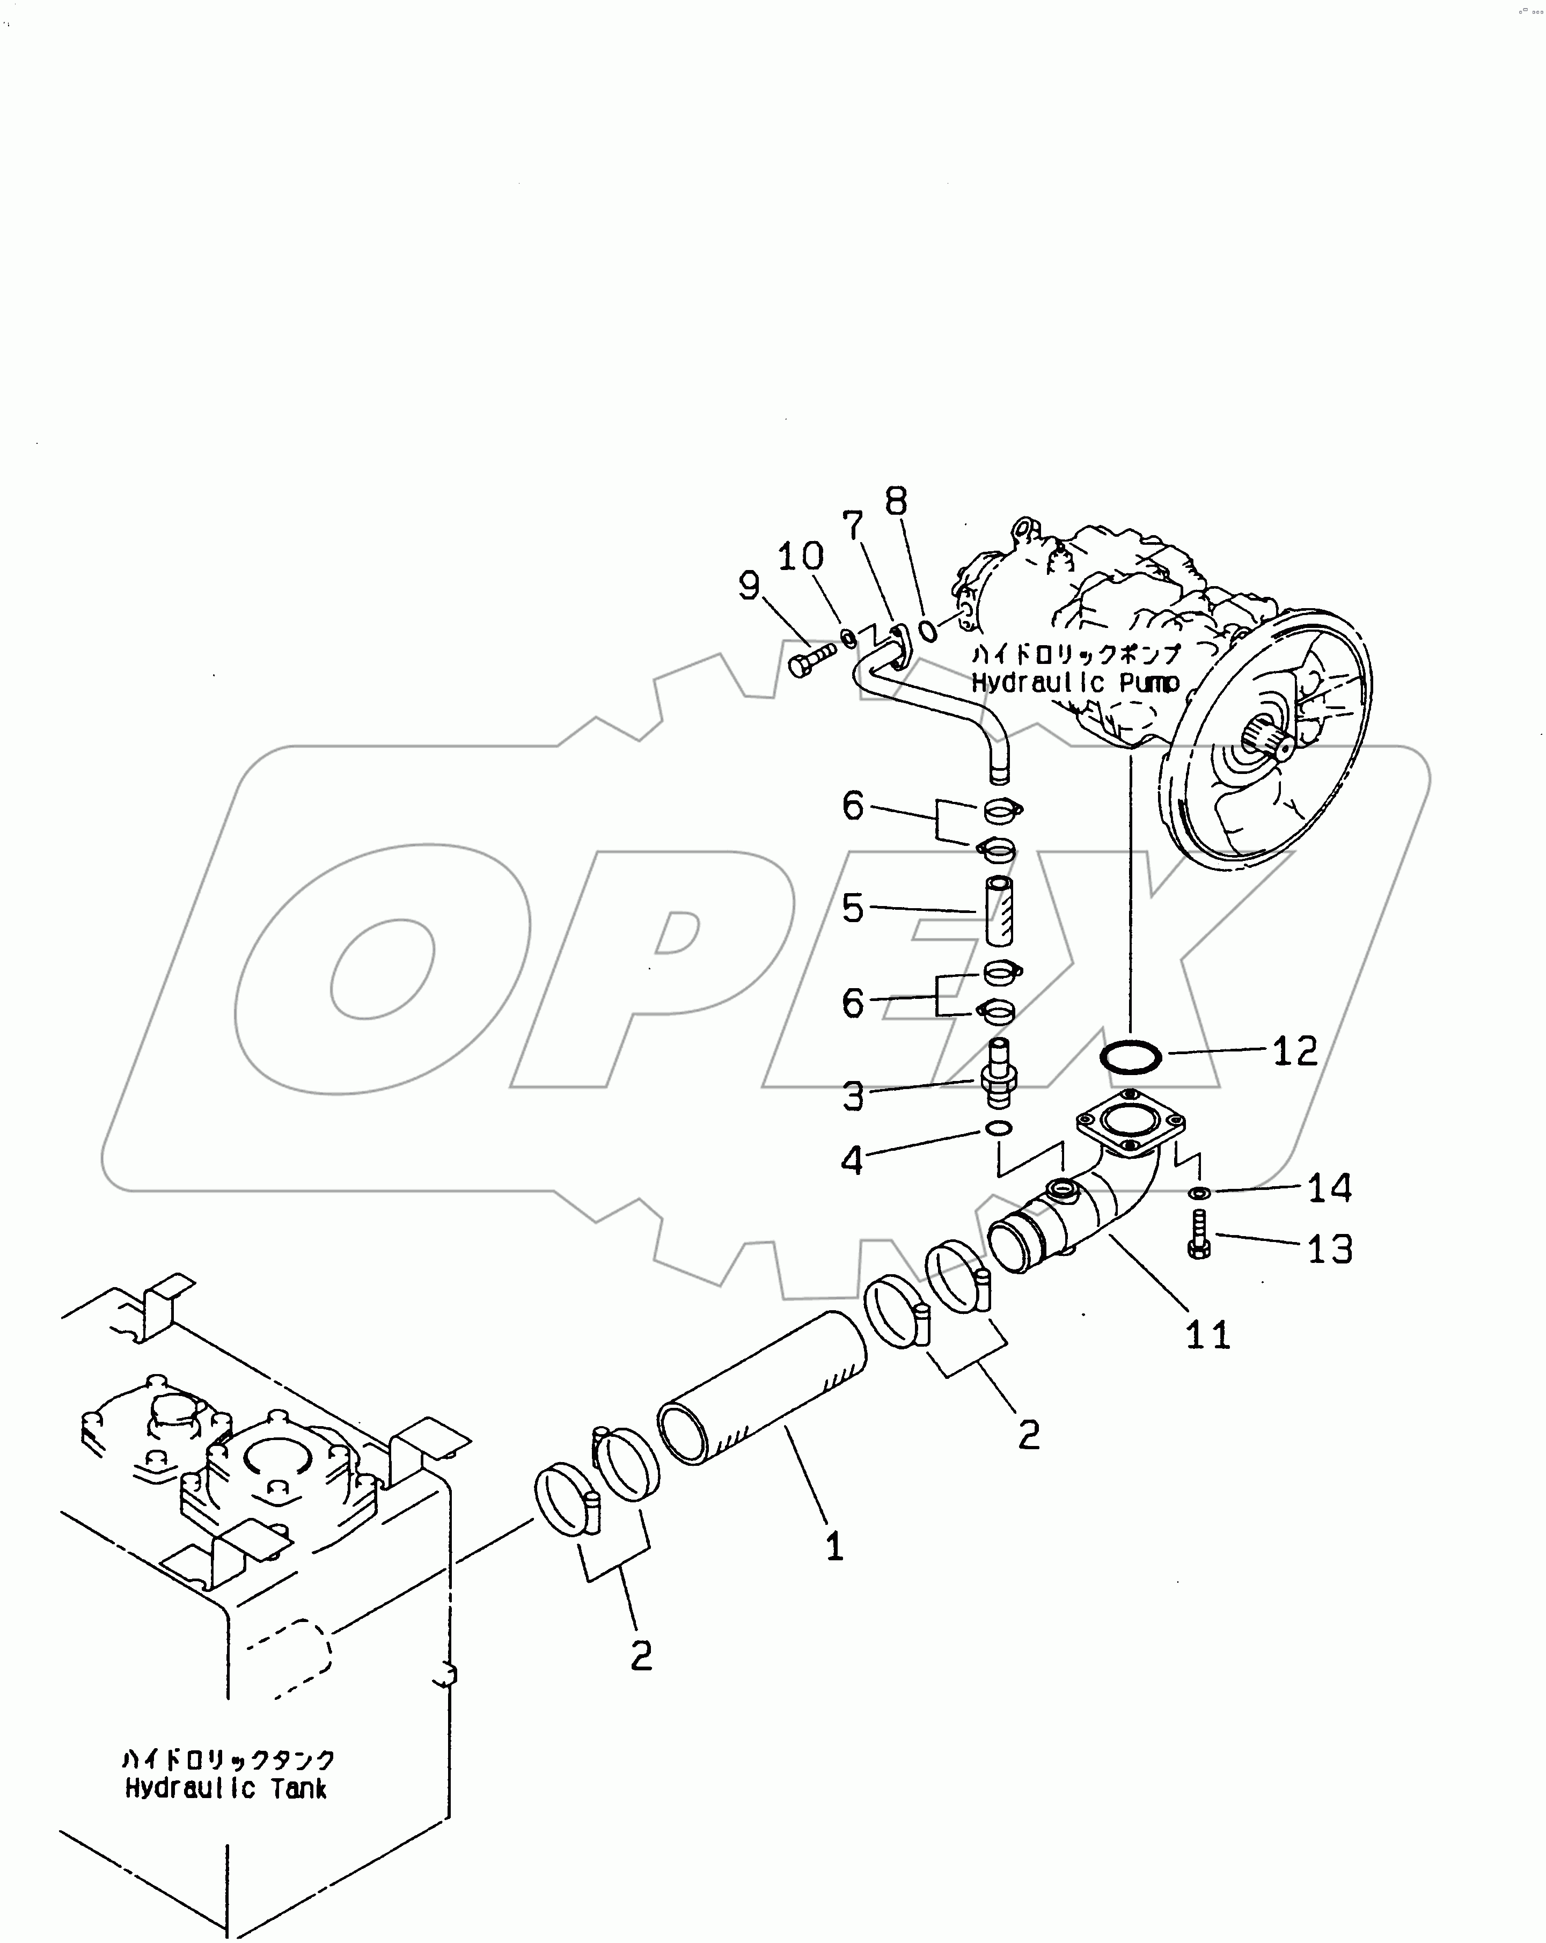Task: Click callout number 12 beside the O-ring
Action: coord(1295,1051)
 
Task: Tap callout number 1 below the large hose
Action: coord(835,1546)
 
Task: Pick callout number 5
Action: coord(852,908)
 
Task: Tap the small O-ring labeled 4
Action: coord(998,1128)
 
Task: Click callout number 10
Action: coord(800,557)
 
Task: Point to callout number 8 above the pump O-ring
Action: coord(896,502)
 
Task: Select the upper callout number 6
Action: coord(852,806)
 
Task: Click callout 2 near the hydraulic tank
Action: coord(641,1655)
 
